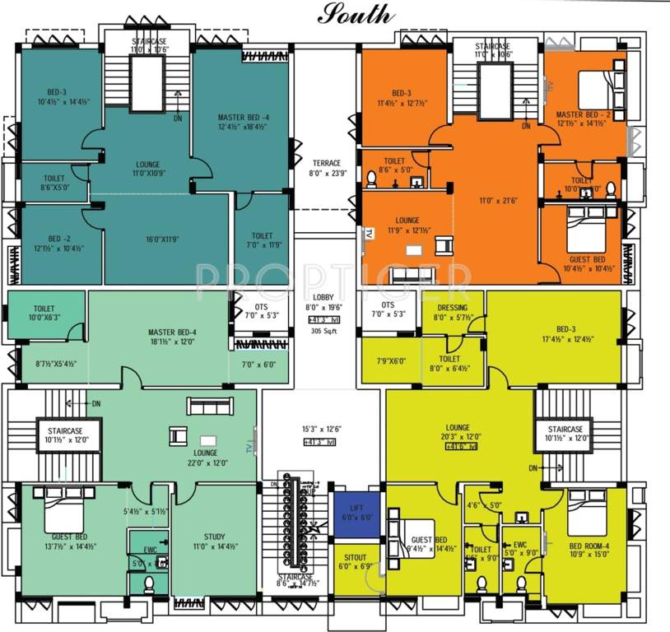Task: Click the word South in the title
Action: [x=356, y=14]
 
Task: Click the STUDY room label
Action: [x=214, y=537]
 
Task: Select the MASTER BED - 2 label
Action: [x=582, y=114]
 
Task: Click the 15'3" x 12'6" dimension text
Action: [x=322, y=429]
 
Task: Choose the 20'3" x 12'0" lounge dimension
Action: [x=458, y=437]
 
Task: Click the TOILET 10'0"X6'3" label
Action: [x=44, y=312]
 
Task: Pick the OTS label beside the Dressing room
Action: [x=388, y=304]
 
